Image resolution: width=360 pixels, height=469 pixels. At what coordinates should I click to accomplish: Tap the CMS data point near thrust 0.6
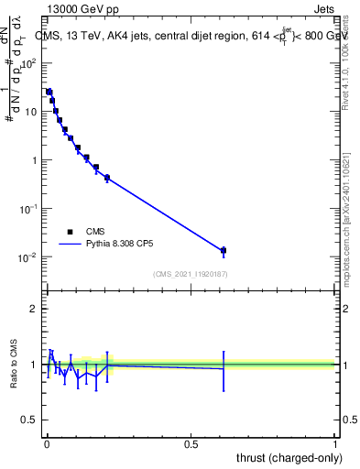(224, 250)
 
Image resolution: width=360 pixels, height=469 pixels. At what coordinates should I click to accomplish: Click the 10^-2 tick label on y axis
(27, 256)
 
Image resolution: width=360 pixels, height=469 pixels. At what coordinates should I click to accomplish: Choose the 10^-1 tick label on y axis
(27, 208)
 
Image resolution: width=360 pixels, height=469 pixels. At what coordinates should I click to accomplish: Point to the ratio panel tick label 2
(34, 309)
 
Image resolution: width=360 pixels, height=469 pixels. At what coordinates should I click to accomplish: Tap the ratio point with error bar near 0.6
(224, 369)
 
